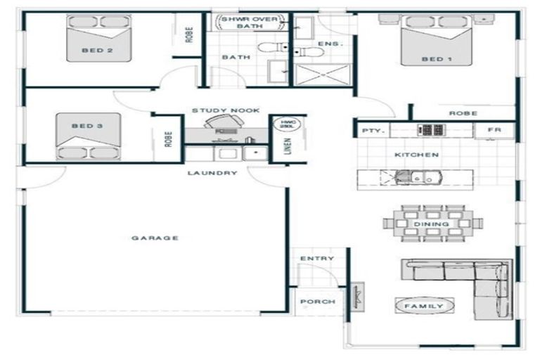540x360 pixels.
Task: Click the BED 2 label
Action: (97, 50)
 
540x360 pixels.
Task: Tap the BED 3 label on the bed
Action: (87, 126)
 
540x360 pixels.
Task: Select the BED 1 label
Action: (436, 59)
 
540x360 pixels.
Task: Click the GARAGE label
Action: (155, 238)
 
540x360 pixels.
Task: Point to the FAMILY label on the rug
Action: (424, 306)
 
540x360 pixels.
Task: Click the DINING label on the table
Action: (432, 224)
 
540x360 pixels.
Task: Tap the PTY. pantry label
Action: (371, 131)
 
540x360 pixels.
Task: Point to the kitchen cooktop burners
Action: (430, 130)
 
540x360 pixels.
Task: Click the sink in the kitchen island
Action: (406, 178)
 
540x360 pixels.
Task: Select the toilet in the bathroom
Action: (272, 48)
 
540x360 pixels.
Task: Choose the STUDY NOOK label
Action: (226, 110)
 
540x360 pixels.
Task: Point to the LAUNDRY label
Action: (212, 172)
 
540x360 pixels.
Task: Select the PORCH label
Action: (317, 302)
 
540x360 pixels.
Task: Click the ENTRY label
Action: (316, 258)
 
